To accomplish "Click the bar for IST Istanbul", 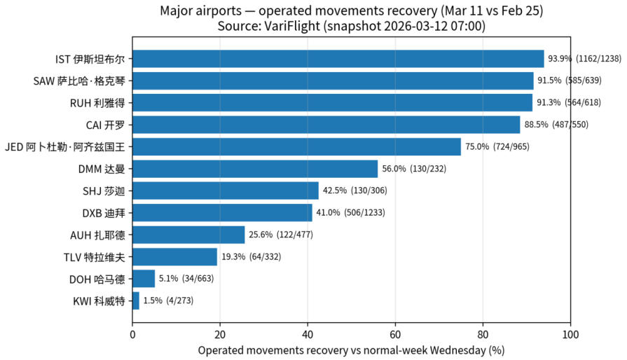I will point(338,59).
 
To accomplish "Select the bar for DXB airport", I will point(222,212).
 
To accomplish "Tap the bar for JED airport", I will point(296,146).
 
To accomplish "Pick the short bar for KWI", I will point(136,301).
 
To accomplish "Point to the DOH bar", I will point(144,279).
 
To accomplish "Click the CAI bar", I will point(326,125).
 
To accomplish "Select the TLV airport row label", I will point(94,257).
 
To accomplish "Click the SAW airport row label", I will point(79,81).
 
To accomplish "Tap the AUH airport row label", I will point(97,235).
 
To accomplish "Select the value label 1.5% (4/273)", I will point(168,301).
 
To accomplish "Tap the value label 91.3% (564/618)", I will point(572,103).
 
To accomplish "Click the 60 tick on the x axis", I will point(395,335).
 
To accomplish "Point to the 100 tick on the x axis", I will point(570,335).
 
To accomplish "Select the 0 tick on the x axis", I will point(132,335).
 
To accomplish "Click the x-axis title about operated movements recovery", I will point(351,349).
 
